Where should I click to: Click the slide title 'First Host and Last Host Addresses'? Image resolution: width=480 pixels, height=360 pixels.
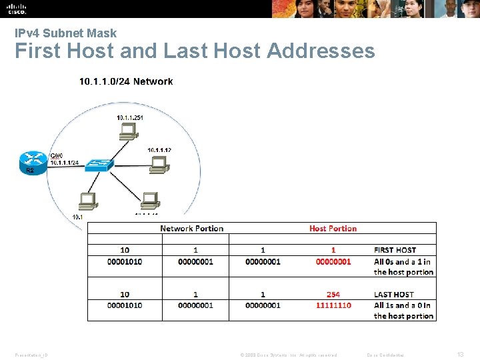click(x=195, y=51)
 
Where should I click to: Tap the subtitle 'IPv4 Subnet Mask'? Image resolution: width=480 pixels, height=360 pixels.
click(x=65, y=33)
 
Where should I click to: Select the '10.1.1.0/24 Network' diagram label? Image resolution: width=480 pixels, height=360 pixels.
click(x=126, y=81)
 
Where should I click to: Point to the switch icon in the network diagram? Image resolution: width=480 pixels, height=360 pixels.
click(x=97, y=165)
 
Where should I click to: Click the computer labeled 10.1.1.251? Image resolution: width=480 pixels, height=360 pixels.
click(x=126, y=132)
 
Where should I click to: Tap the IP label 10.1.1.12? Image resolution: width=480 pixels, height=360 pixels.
click(x=159, y=150)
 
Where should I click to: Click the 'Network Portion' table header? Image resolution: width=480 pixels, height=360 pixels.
click(x=191, y=229)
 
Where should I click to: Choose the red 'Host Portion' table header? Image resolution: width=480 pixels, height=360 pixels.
click(x=333, y=229)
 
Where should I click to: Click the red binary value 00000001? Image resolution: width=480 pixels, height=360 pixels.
click(x=333, y=261)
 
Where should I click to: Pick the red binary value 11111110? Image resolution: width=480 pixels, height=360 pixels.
click(x=333, y=305)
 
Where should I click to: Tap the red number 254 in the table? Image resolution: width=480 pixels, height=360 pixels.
click(x=333, y=294)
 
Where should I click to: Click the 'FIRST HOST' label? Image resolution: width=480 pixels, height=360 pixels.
click(x=395, y=250)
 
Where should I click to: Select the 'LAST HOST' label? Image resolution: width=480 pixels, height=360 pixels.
click(x=393, y=294)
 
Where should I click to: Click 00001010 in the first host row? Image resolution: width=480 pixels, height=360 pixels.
click(x=125, y=261)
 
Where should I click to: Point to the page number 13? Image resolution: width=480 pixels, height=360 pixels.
click(x=459, y=355)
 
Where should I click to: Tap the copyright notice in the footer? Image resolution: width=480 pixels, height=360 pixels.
click(x=289, y=355)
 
